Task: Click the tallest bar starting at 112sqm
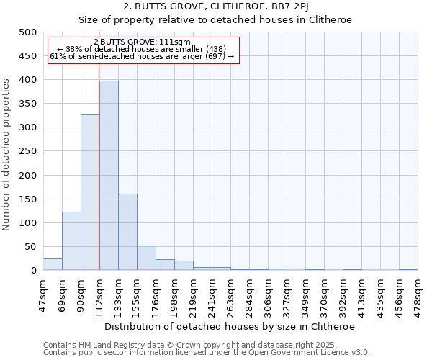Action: click(x=109, y=176)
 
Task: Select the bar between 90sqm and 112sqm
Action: click(x=90, y=192)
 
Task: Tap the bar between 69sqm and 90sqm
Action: click(x=71, y=241)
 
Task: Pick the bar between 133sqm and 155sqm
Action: click(x=127, y=232)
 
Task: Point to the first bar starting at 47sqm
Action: click(x=53, y=264)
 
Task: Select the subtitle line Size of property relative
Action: click(x=215, y=20)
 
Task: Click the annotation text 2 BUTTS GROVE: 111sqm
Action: click(x=142, y=42)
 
